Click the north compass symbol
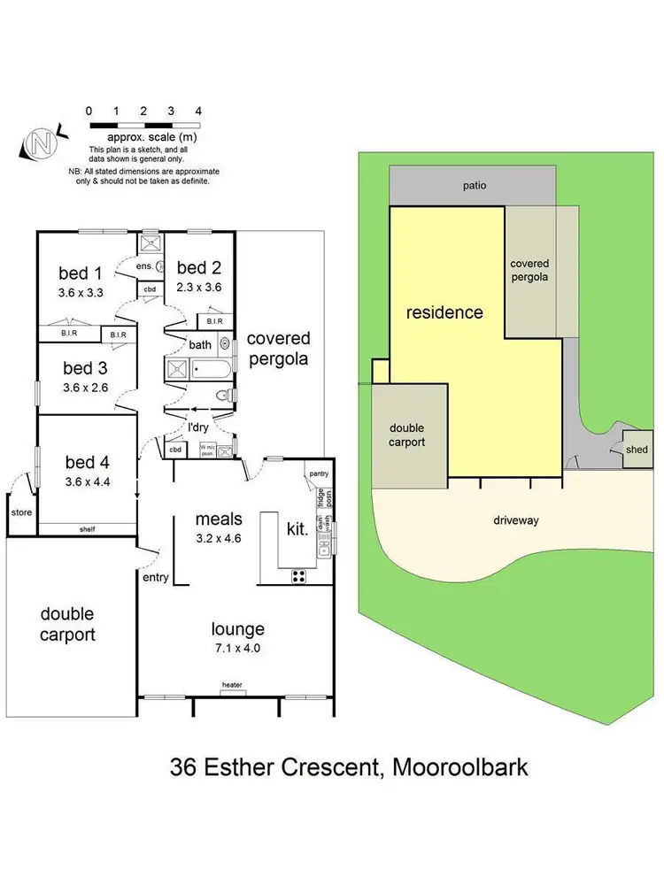click(x=41, y=142)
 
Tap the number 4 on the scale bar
click(x=198, y=111)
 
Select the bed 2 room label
click(x=198, y=267)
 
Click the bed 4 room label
click(x=87, y=461)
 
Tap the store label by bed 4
click(x=20, y=512)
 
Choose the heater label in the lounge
click(x=232, y=684)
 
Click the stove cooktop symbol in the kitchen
click(x=299, y=575)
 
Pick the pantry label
click(x=319, y=474)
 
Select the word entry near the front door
click(x=155, y=577)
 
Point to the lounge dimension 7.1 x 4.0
click(x=237, y=648)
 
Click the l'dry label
click(x=198, y=427)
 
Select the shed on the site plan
click(x=637, y=450)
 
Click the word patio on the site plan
click(x=475, y=186)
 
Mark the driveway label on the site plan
click(x=516, y=520)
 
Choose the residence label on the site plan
click(x=444, y=312)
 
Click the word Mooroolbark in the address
click(x=456, y=766)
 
